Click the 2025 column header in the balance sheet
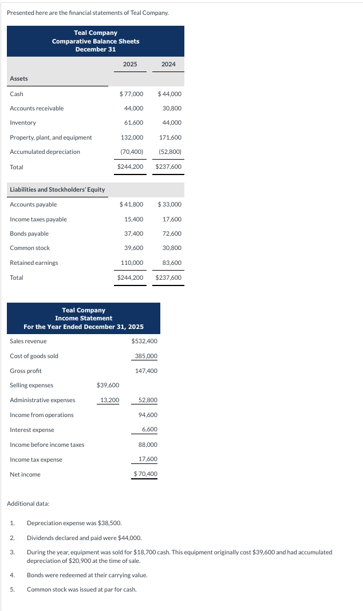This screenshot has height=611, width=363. click(130, 64)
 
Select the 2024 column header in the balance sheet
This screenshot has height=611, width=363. click(168, 64)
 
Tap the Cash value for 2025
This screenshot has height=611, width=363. click(131, 94)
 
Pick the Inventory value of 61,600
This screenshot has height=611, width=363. click(133, 123)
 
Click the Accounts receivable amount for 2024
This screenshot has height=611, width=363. click(172, 108)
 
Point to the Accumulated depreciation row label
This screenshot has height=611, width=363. click(45, 152)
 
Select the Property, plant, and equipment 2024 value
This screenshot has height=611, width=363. click(170, 137)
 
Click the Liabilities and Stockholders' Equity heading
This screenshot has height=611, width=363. click(57, 189)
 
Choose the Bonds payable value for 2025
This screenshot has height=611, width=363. click(133, 233)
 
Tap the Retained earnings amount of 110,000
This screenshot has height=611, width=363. click(132, 263)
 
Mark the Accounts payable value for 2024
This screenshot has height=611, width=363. click(169, 205)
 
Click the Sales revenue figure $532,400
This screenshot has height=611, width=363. click(144, 342)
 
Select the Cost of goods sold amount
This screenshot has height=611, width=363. click(146, 356)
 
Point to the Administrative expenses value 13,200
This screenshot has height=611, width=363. click(109, 400)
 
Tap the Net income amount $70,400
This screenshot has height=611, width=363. click(145, 474)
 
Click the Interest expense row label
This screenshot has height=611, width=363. click(32, 430)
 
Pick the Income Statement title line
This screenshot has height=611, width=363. click(84, 318)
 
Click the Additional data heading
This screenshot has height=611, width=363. click(28, 503)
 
